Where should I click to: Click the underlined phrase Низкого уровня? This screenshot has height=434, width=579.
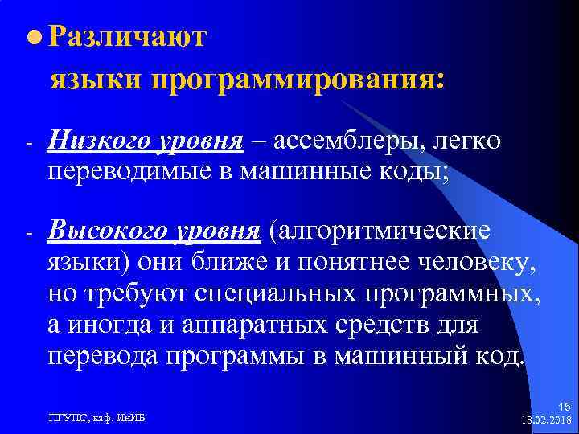click(x=146, y=142)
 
